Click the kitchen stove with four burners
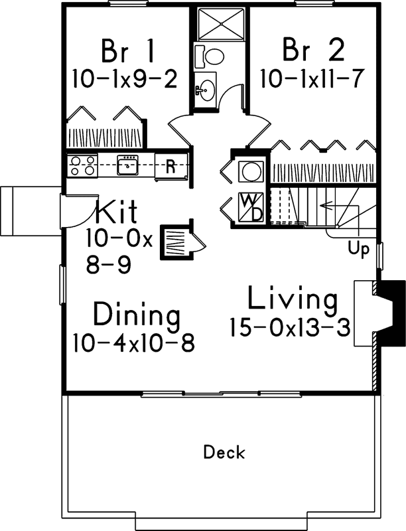click(x=81, y=165)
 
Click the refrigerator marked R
click(x=170, y=166)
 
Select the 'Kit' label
click(x=117, y=212)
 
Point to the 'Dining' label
click(x=136, y=314)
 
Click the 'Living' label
click(x=292, y=299)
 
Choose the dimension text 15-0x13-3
click(x=289, y=327)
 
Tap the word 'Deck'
click(x=224, y=453)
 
